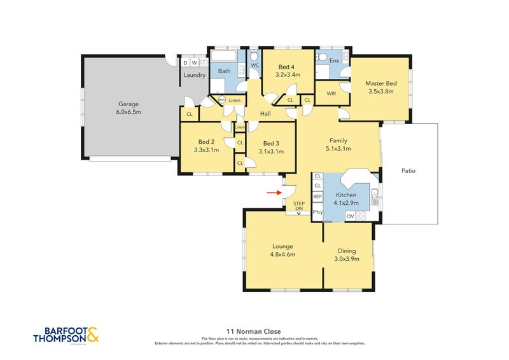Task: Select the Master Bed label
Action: click(x=380, y=83)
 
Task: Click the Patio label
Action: click(x=409, y=170)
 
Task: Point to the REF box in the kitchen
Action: click(x=317, y=197)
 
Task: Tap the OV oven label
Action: click(x=350, y=216)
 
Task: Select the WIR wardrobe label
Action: click(x=331, y=93)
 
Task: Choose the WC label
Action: click(x=255, y=66)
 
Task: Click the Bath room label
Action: click(x=224, y=71)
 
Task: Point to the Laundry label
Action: click(x=194, y=75)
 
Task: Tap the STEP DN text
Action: click(x=298, y=206)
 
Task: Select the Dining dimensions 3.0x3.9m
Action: click(x=347, y=259)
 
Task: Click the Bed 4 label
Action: click(x=287, y=67)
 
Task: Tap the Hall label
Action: click(x=267, y=114)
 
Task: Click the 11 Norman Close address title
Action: click(x=254, y=331)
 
